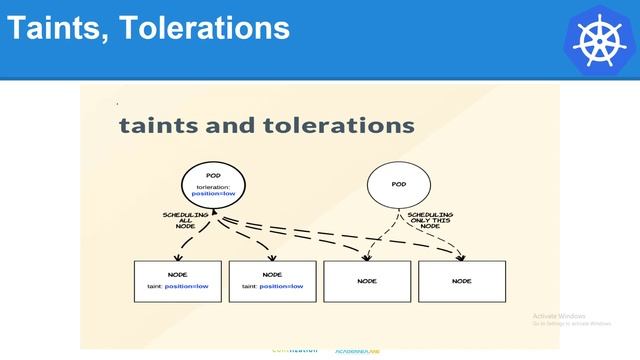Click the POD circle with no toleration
(398, 185)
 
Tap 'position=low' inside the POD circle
(214, 193)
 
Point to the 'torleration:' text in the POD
(213, 186)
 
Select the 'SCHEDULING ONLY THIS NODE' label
(430, 219)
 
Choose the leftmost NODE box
(178, 281)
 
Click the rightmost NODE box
(461, 281)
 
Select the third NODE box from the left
(367, 281)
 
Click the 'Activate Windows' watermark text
(559, 316)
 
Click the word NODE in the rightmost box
(461, 281)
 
